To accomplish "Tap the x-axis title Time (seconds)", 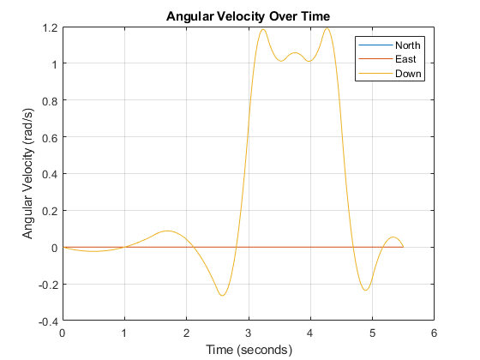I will pos(249,349).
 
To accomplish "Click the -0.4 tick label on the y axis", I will pos(48,321).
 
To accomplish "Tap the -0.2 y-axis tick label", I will pos(48,285).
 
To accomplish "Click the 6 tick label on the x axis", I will pos(434,333).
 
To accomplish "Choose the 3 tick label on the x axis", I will pos(249,333).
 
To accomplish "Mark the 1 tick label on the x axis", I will pos(124,333).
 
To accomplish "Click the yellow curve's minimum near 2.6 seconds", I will pos(223,296).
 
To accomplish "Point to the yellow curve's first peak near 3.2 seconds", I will pos(262,29).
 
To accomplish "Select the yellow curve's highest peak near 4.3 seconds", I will pos(327,28).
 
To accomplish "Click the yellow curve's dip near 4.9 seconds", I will pos(366,291).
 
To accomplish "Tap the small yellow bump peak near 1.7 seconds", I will pos(167,231).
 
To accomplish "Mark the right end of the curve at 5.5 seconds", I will pos(403,247).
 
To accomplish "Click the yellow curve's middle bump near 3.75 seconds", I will pos(295,53).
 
